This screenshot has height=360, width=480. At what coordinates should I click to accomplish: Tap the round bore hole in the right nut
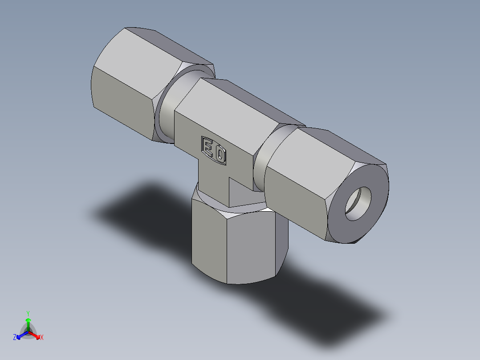pos(358,204)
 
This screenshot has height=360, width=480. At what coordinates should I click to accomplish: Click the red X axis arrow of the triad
pos(37,335)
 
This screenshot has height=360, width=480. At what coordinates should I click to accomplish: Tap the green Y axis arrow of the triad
pos(28,322)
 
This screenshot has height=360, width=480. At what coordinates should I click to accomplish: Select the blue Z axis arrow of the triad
pos(20,335)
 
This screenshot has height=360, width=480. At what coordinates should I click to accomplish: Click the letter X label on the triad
pos(42,338)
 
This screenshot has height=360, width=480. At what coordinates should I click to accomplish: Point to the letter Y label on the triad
pos(28,313)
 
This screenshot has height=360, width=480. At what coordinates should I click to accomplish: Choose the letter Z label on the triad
pos(15,338)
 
